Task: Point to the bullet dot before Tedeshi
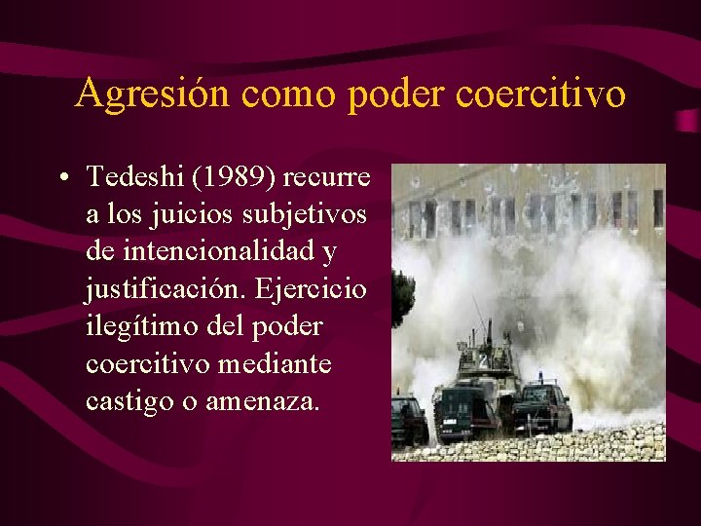[x=61, y=178]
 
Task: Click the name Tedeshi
[x=128, y=177]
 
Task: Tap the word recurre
[x=328, y=178]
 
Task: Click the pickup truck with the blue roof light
[x=542, y=405]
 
